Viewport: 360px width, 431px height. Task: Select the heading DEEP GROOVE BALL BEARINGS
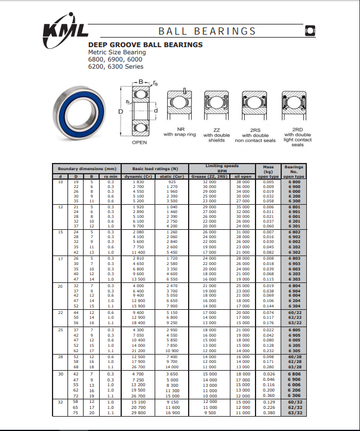point(145,45)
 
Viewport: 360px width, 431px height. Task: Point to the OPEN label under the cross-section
point(139,143)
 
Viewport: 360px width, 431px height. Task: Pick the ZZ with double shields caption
point(216,136)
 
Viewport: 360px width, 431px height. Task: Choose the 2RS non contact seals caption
point(256,136)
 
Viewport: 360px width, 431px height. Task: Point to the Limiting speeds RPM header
point(222,167)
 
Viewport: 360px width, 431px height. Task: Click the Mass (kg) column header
point(269,169)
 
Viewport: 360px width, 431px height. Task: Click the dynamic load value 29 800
point(138,412)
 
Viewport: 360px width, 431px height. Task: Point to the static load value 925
point(172,181)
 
